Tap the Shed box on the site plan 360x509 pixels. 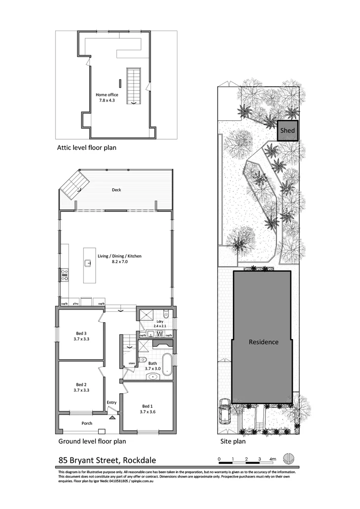pyautogui.click(x=288, y=131)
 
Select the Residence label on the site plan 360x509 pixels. pyautogui.click(x=263, y=342)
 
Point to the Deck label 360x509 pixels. pyautogui.click(x=116, y=190)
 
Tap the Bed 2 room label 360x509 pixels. pyautogui.click(x=81, y=387)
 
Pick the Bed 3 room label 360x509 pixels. pyautogui.click(x=81, y=336)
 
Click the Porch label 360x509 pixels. pyautogui.click(x=87, y=423)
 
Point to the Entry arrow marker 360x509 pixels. pyautogui.click(x=112, y=417)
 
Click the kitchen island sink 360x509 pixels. pyautogui.click(x=89, y=263)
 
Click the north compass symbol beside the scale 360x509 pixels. pyautogui.click(x=289, y=459)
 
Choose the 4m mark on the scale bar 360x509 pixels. pyautogui.click(x=273, y=459)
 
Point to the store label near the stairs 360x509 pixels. pyautogui.click(x=131, y=363)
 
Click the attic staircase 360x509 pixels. pyautogui.click(x=134, y=85)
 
